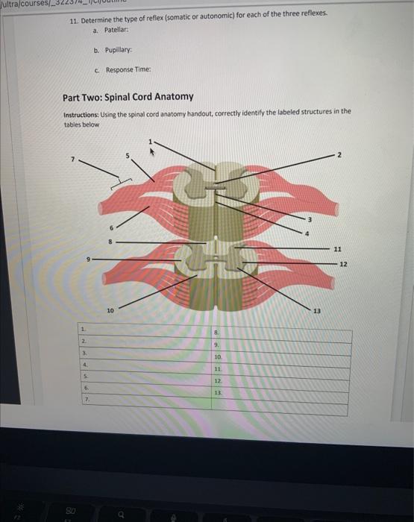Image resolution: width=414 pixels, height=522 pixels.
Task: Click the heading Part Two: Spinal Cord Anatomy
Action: tap(128, 97)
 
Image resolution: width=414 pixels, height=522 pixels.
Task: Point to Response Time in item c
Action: tap(128, 69)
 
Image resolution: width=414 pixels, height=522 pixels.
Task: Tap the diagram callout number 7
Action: tap(72, 158)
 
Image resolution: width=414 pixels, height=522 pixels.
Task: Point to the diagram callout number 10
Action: tap(110, 307)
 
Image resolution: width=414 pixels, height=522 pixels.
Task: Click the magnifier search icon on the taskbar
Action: tap(117, 513)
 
